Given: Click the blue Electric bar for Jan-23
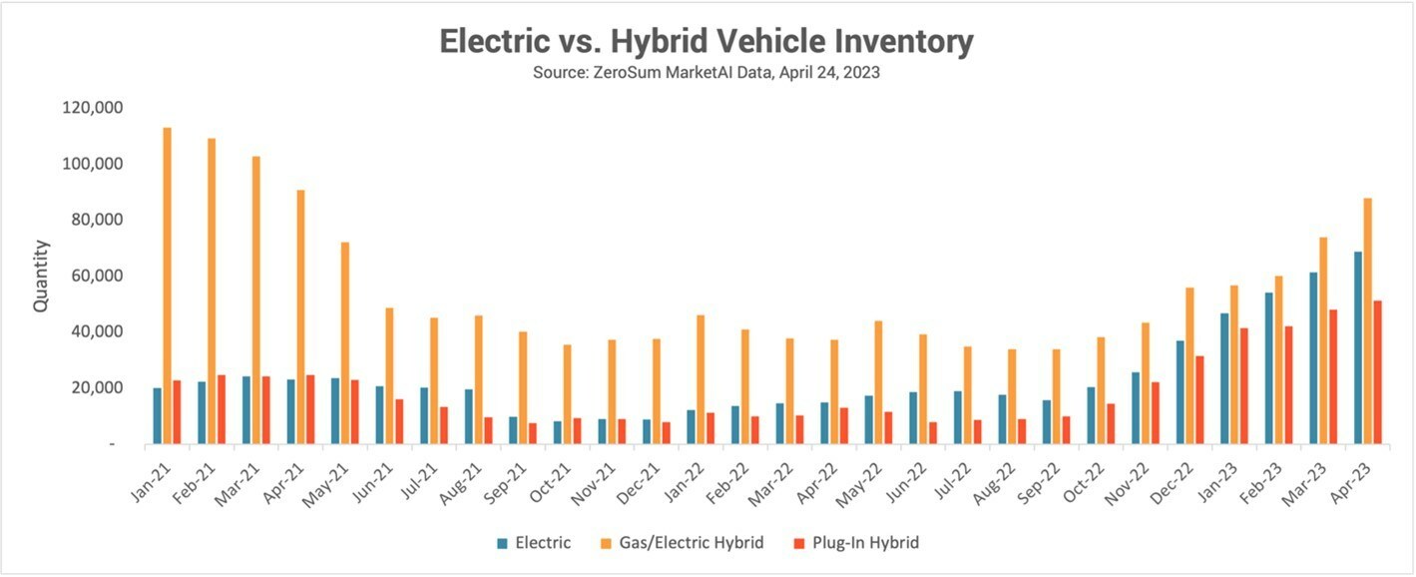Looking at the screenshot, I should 1224,378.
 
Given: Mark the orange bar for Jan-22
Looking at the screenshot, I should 701,379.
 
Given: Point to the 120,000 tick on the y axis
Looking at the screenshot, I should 92,108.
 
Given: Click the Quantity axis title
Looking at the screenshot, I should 41,276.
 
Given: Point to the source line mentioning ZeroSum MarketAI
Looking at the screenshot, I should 707,73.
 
